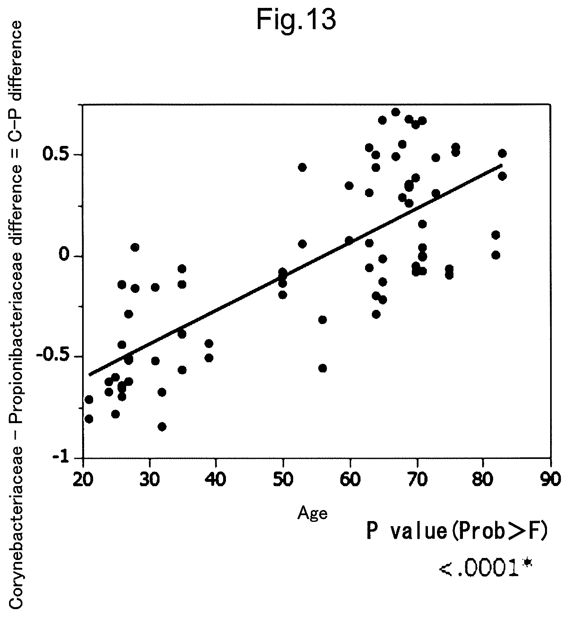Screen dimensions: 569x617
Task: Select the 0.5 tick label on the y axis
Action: (57, 155)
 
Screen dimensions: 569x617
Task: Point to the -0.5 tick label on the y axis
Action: (53, 356)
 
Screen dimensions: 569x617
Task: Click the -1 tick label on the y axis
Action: (61, 458)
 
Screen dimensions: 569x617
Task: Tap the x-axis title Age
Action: (312, 514)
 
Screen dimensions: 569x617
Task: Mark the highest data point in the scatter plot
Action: (396, 112)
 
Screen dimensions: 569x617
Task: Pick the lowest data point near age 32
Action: (162, 427)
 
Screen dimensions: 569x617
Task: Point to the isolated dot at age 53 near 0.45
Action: (302, 167)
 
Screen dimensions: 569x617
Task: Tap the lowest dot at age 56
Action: (323, 368)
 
